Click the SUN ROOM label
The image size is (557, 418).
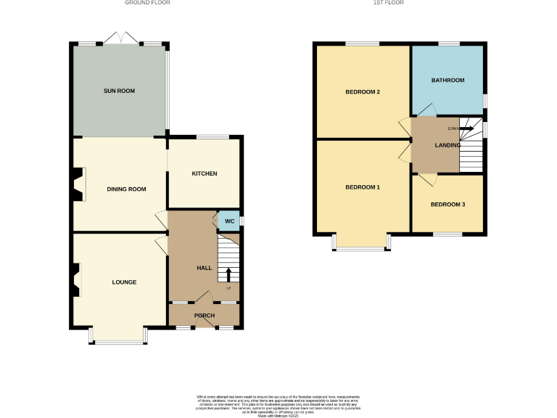(120, 91)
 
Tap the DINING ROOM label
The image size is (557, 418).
(126, 189)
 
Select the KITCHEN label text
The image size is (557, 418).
(204, 173)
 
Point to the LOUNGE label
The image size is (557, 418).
(124, 282)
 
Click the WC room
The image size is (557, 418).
(229, 221)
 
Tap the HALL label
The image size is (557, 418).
(204, 268)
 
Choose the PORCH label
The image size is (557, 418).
(204, 315)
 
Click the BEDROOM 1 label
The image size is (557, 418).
(363, 187)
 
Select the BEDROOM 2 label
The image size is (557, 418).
(363, 92)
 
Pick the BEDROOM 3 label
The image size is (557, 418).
(447, 204)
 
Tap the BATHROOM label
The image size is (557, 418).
(447, 80)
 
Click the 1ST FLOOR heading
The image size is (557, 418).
(388, 3)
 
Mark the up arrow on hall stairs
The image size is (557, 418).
(229, 274)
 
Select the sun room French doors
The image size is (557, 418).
(120, 38)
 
